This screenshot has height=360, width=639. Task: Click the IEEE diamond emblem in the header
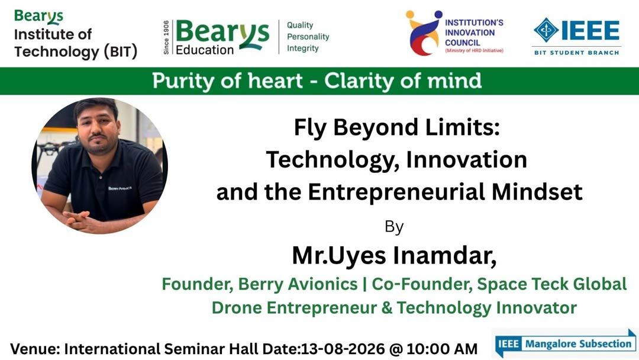click(546, 30)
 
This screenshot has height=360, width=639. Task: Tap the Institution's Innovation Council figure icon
click(424, 33)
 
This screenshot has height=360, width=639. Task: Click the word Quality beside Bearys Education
click(300, 25)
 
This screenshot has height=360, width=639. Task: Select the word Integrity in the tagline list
click(303, 49)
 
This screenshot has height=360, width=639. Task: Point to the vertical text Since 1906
click(166, 37)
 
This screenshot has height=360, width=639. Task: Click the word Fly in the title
click(309, 128)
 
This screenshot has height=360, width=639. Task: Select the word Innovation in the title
click(467, 159)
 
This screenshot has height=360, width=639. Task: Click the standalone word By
click(394, 227)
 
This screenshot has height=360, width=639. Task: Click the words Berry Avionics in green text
click(298, 284)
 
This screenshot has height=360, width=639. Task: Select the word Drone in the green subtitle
click(237, 308)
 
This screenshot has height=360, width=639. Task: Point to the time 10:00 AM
click(442, 349)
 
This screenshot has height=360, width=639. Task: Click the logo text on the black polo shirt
click(120, 188)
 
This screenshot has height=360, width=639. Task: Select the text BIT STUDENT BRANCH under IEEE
click(577, 53)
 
